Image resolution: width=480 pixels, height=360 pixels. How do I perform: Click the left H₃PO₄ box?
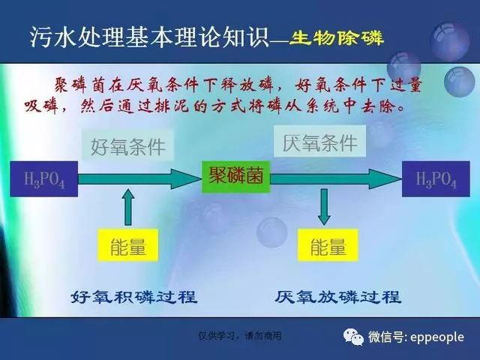[43, 178]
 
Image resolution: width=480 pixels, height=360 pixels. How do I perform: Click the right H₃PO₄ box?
[436, 178]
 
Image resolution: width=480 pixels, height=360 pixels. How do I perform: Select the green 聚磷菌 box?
[235, 177]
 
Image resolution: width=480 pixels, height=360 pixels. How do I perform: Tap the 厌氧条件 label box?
[319, 142]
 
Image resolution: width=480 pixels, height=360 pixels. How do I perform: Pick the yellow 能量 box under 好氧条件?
[128, 245]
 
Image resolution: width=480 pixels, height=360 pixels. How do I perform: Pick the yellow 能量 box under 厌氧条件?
[328, 245]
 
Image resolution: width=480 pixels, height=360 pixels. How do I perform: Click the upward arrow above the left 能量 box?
[128, 207]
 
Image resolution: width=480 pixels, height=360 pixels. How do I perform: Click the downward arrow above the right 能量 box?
[324, 207]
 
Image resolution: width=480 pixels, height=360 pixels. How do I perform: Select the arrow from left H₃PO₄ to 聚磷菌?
[140, 179]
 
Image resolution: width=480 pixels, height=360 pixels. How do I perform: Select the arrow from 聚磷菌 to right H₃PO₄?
[336, 179]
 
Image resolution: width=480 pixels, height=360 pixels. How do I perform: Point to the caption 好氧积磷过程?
[134, 297]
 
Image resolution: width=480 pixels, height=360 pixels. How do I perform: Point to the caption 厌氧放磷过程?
[337, 297]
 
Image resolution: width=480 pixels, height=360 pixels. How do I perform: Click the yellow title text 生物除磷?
[336, 38]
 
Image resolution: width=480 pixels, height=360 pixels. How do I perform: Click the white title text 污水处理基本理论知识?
[149, 37]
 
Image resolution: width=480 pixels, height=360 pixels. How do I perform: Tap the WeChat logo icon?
[353, 337]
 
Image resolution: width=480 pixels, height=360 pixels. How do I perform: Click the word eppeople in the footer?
[436, 337]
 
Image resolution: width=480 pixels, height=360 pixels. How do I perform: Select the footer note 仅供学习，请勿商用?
[240, 336]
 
